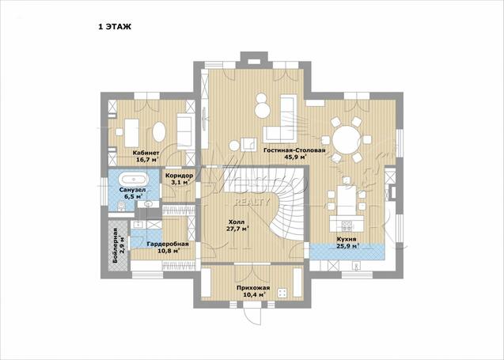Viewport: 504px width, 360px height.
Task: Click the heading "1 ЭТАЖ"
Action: coord(115,27)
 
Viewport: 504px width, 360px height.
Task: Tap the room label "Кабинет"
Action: coord(146,153)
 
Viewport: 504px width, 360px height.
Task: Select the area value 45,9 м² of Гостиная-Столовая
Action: coord(295,157)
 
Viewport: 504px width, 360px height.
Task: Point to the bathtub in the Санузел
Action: coord(133,180)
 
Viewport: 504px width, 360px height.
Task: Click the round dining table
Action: coord(346,140)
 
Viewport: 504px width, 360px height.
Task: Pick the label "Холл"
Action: coord(237,222)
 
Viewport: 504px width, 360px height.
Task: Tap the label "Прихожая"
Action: coord(253,288)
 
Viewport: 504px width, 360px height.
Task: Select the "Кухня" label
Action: coord(347,239)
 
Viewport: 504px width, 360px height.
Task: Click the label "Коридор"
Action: coord(180,176)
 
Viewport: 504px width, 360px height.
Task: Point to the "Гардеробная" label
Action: coord(168,244)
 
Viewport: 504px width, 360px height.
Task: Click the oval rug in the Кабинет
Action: coord(159,131)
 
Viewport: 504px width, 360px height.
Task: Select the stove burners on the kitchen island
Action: coord(347,225)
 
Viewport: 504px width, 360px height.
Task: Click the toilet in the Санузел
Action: coord(121,206)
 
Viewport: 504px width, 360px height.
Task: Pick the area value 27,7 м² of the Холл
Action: coord(237,229)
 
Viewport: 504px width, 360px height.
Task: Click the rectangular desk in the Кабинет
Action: coord(132,133)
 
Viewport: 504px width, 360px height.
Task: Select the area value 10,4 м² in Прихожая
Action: coord(254,294)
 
